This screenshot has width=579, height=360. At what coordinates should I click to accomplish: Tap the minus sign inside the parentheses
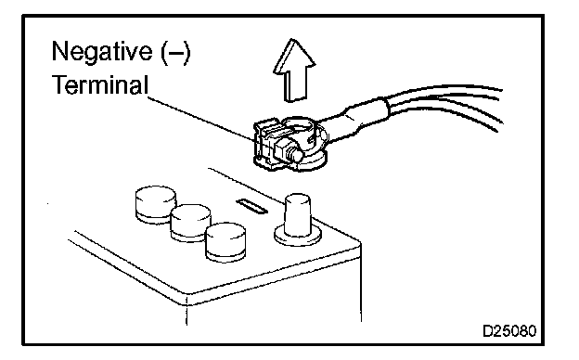tap(175, 53)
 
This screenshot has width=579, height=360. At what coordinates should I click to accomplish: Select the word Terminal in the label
tap(100, 84)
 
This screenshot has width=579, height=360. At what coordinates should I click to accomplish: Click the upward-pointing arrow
tap(294, 70)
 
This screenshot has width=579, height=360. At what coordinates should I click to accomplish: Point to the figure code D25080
tap(509, 331)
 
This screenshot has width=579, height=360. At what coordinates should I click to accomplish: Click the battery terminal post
tap(298, 215)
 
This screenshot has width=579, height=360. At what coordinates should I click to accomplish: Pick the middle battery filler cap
tap(190, 223)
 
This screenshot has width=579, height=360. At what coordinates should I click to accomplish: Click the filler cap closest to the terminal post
tap(225, 242)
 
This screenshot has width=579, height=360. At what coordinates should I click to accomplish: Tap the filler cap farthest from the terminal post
tap(156, 204)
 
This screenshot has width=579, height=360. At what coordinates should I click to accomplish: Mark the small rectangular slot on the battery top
tap(251, 206)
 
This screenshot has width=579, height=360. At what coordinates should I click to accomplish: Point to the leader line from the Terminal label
tap(201, 119)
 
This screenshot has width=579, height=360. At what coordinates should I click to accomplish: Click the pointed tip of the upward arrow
tap(293, 39)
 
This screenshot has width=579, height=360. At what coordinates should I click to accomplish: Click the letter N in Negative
tap(59, 51)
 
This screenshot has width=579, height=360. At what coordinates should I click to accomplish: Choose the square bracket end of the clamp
tap(266, 144)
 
